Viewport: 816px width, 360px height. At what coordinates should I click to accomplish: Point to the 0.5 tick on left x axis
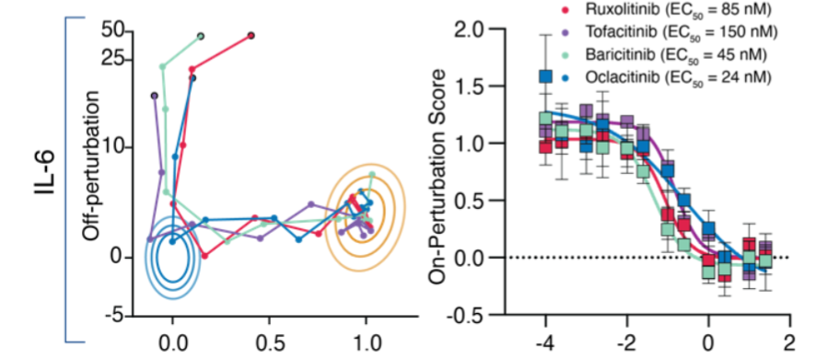click(269, 338)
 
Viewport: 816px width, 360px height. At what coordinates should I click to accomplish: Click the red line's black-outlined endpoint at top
click(251, 36)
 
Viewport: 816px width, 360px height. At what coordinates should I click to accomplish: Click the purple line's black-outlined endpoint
click(155, 95)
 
